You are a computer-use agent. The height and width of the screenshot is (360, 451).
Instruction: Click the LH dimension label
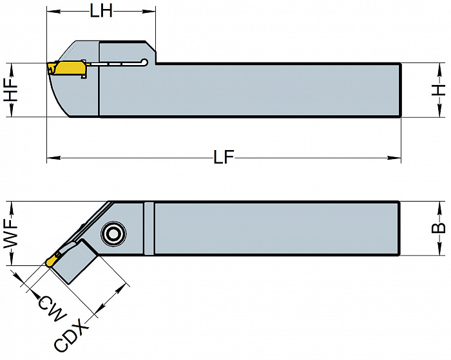coord(101,12)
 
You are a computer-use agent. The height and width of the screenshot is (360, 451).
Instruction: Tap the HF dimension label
coord(11,90)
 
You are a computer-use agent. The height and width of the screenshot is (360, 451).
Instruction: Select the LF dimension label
coord(224,157)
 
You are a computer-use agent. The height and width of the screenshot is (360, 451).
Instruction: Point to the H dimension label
coord(439,90)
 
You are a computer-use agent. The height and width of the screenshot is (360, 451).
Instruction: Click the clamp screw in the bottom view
coord(113,234)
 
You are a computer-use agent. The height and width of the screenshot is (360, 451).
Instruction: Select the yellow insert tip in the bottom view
coord(50,261)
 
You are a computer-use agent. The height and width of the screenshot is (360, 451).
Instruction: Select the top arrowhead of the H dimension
coord(439,67)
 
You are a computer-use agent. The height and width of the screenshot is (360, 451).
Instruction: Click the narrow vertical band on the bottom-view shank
coord(149,227)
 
